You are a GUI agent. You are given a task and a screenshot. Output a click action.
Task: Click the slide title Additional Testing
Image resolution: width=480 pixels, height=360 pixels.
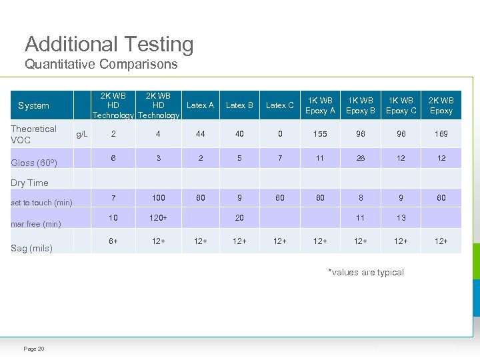click(109, 45)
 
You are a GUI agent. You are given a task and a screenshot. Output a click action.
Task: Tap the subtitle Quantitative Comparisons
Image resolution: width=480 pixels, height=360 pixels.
click(101, 65)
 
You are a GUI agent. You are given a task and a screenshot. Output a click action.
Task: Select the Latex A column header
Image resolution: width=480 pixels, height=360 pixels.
click(200, 105)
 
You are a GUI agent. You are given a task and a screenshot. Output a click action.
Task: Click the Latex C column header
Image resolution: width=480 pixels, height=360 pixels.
click(280, 105)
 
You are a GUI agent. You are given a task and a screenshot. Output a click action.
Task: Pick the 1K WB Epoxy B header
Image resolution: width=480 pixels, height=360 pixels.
click(361, 105)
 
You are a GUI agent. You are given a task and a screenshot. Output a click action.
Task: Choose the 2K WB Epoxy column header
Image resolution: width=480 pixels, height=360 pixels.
click(441, 105)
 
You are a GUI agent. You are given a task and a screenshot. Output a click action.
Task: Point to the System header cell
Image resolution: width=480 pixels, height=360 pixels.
click(33, 105)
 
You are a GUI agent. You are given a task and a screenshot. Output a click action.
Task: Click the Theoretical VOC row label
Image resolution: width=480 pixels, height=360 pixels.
click(33, 134)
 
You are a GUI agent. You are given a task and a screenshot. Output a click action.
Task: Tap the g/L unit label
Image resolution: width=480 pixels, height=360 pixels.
click(82, 134)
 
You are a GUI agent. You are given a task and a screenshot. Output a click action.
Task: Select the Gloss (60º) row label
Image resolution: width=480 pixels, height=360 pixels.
click(34, 163)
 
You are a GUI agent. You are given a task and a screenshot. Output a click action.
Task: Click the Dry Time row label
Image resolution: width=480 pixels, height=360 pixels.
click(29, 183)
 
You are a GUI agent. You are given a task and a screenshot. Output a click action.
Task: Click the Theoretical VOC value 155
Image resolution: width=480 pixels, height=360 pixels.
click(320, 134)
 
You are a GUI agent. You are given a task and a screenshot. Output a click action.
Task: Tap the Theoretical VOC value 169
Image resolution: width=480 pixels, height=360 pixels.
click(441, 134)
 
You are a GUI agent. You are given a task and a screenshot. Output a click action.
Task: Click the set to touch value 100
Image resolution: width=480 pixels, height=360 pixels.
click(159, 198)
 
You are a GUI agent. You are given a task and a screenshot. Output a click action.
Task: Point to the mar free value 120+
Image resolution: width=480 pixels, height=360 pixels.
click(159, 218)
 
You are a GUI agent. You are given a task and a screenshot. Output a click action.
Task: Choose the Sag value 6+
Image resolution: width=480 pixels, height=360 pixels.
click(114, 241)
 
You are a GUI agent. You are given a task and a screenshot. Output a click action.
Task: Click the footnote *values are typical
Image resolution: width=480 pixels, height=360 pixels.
click(366, 272)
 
